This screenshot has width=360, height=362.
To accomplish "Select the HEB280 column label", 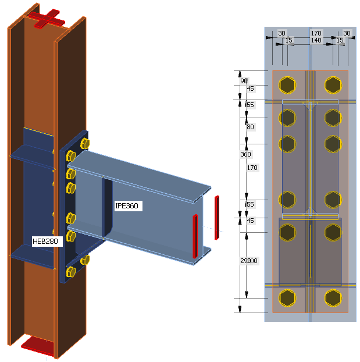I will [x=47, y=240].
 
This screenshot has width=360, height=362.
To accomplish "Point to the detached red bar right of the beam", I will [x=216, y=218].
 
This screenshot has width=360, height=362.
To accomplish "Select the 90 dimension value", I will [x=244, y=81].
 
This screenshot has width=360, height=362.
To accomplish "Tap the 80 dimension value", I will [x=250, y=127].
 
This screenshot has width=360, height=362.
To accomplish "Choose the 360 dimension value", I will [x=245, y=154].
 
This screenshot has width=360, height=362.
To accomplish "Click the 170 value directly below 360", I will [x=252, y=168].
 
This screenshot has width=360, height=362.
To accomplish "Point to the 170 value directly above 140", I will [x=316, y=33].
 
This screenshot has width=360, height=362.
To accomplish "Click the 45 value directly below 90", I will [x=250, y=89].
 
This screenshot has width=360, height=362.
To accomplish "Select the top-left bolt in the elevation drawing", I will [x=287, y=86].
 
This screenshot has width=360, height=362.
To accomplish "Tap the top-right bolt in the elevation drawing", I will [x=332, y=86].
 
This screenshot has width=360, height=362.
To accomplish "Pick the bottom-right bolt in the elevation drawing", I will [x=332, y=298].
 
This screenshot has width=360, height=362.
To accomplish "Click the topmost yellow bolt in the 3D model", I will [x=84, y=143].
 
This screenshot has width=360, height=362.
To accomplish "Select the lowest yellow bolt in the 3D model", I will [x=72, y=272].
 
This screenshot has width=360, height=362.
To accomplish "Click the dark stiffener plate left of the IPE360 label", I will [x=108, y=210].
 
